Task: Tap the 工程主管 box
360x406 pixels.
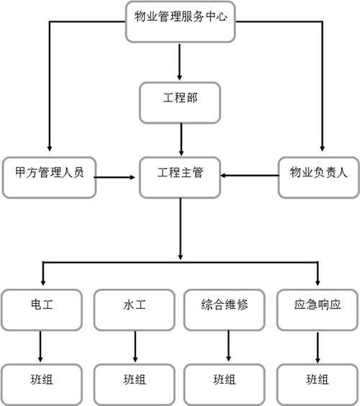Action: pos(179,176)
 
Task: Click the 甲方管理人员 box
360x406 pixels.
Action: pos(49,176)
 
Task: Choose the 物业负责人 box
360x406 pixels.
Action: pos(318,176)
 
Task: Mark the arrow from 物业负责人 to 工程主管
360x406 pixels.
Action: pos(249,176)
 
